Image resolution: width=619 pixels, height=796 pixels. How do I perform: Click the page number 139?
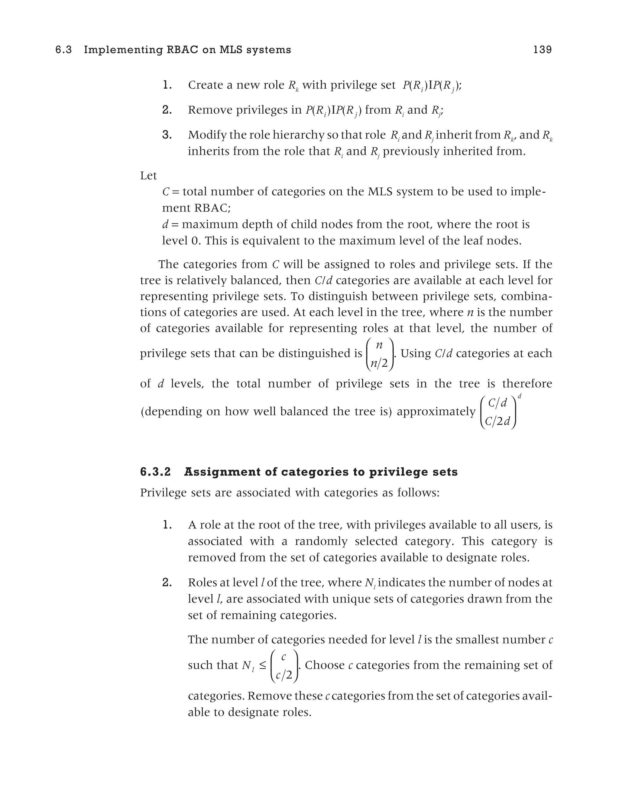coord(542,50)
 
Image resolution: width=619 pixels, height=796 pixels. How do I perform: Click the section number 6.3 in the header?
coord(64,50)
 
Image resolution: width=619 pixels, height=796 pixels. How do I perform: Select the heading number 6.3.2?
coord(155,472)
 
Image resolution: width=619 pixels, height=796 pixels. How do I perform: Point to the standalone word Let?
coord(148,176)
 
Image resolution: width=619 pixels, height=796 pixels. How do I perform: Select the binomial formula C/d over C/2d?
coord(498,412)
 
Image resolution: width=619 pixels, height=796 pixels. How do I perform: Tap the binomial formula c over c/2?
coord(284,665)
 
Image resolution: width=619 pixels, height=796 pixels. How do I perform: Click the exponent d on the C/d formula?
coord(520,396)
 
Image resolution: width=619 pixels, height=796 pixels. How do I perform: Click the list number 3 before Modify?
coord(167,135)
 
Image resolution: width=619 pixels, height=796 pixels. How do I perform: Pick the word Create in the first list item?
coord(205,85)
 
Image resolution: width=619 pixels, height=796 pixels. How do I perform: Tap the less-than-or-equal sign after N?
coord(262,665)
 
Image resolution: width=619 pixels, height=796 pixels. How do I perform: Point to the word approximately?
coord(436,411)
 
